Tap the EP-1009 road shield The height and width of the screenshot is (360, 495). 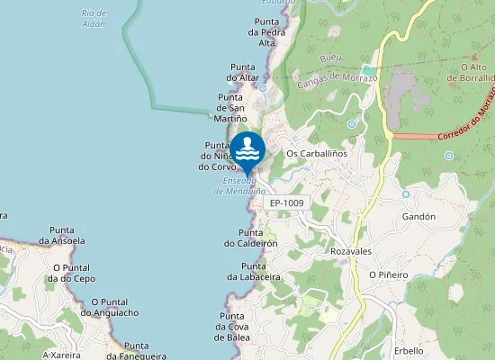[x=287, y=203]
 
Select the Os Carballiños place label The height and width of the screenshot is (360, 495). [x=316, y=153]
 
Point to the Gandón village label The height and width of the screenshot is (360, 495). [x=419, y=217]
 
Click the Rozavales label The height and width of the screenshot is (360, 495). [x=351, y=250]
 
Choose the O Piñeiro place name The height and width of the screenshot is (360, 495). [x=389, y=274]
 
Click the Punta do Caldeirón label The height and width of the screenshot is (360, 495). [x=250, y=238]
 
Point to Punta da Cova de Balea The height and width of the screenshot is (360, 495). [x=232, y=326]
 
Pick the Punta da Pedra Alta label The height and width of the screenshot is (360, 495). [x=266, y=31]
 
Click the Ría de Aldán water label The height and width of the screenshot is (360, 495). [x=93, y=19]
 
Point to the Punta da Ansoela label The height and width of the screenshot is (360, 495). [x=62, y=236]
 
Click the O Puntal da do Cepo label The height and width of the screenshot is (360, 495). [x=74, y=273]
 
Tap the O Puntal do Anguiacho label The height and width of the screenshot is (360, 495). [x=109, y=307]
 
